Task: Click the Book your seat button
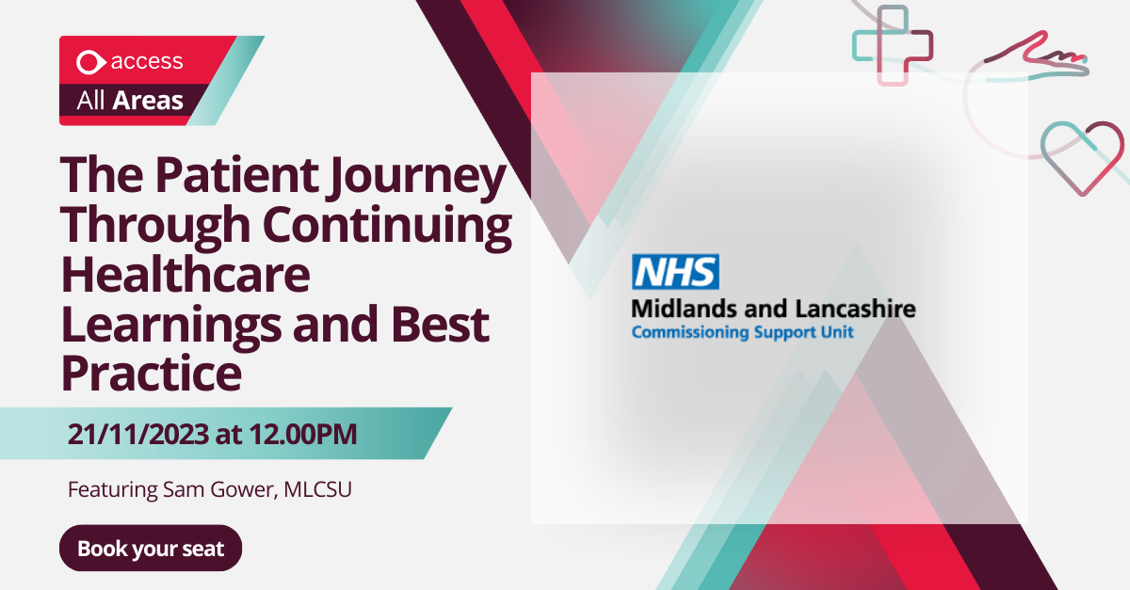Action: pos(151,549)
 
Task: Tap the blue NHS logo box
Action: pos(674,272)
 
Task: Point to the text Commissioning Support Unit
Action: pos(742,332)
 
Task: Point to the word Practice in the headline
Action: pos(152,374)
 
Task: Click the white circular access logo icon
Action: pos(90,62)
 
